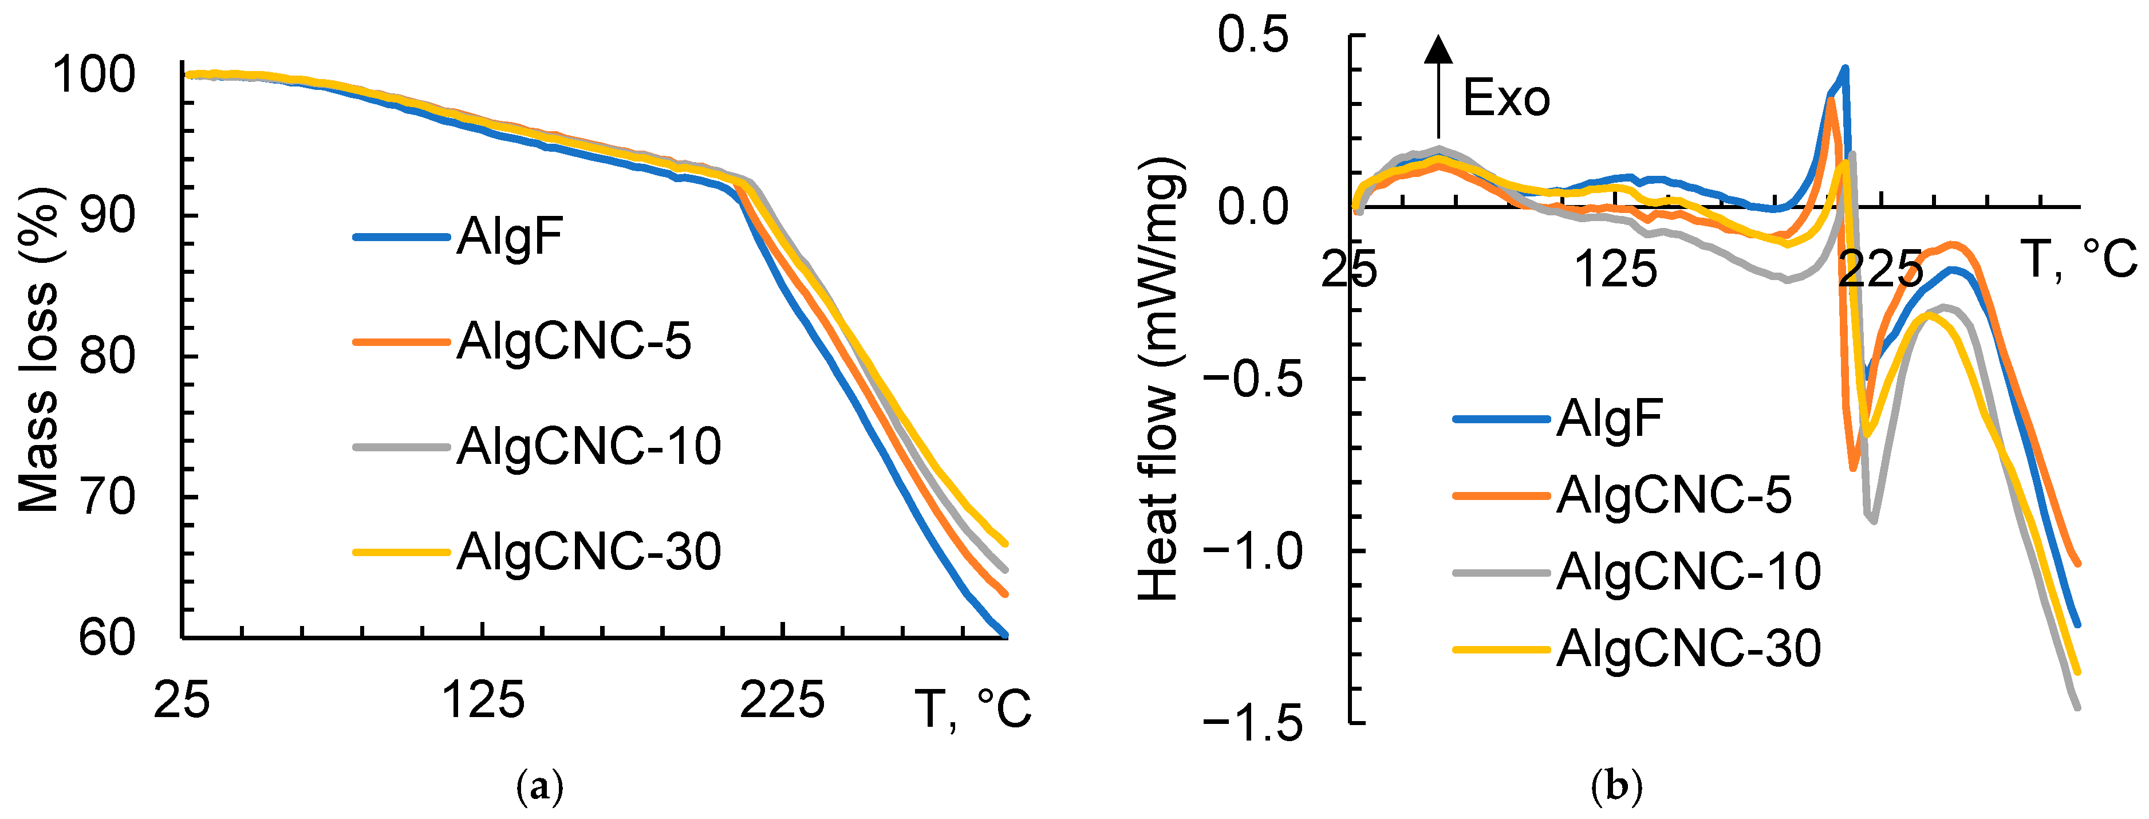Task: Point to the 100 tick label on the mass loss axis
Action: pyautogui.click(x=93, y=75)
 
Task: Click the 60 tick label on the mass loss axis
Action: pyautogui.click(x=107, y=639)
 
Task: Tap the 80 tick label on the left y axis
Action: pyautogui.click(x=107, y=357)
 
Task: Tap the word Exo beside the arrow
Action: pyautogui.click(x=1506, y=99)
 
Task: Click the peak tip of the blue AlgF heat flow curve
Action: pyautogui.click(x=1846, y=68)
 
